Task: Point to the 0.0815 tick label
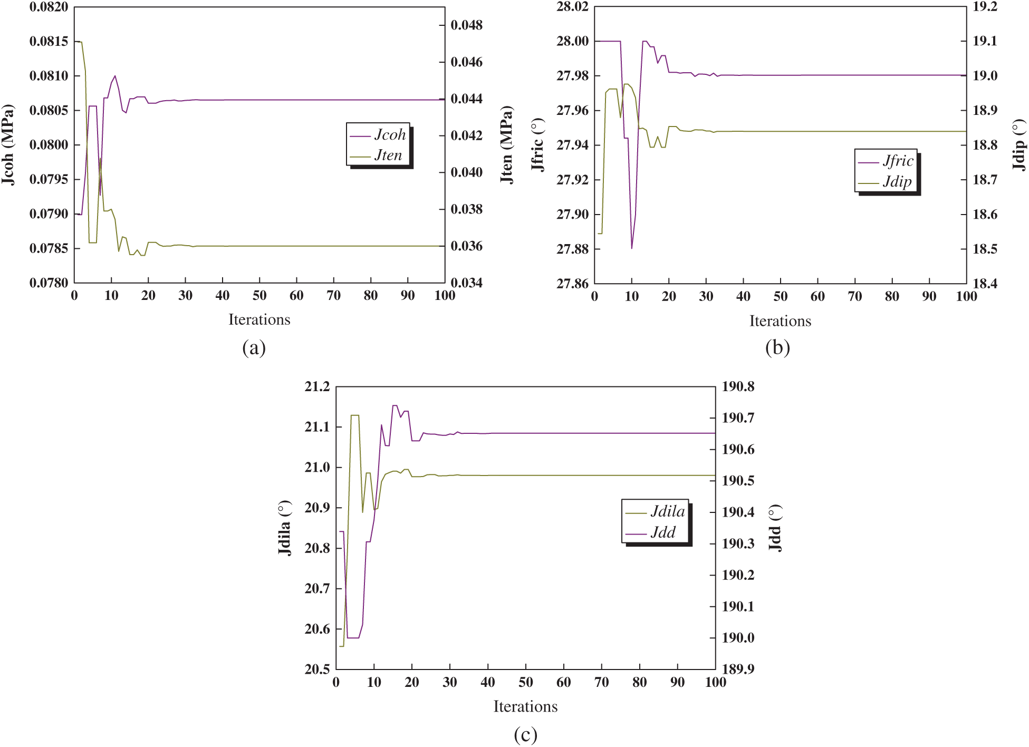coord(49,42)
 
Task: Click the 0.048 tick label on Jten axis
coord(466,25)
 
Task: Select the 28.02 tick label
coord(572,7)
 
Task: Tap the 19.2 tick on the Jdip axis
coord(985,7)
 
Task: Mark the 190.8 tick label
coord(738,387)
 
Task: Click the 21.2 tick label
coord(317,387)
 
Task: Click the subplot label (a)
coord(254,348)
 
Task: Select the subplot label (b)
coord(777,348)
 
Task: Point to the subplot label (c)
coord(525,734)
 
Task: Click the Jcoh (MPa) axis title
coord(8,145)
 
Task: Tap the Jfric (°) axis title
coord(537,145)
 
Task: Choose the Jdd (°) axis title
coord(775,528)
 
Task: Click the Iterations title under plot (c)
coord(525,706)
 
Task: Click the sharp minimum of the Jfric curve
coord(632,248)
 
